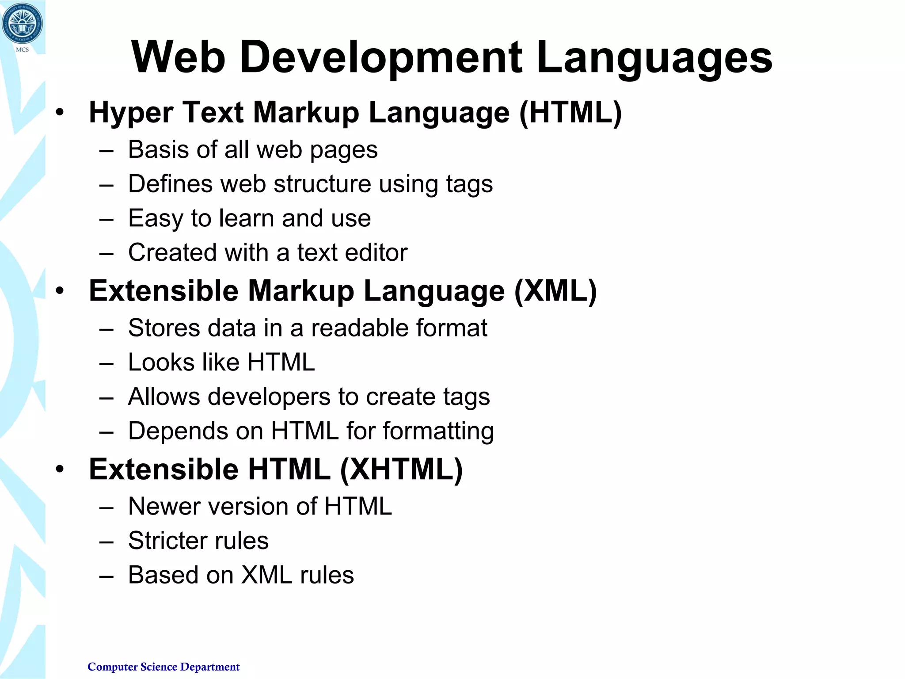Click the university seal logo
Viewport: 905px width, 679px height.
(22, 24)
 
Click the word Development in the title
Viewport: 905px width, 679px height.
(381, 57)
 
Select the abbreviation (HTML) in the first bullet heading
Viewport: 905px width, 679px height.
(570, 113)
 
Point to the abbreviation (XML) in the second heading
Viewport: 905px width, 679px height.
(555, 291)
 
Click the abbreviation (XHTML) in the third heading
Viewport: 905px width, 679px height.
(401, 469)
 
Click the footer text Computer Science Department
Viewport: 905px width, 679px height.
(164, 667)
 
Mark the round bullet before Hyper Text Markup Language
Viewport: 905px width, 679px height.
(60, 113)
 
